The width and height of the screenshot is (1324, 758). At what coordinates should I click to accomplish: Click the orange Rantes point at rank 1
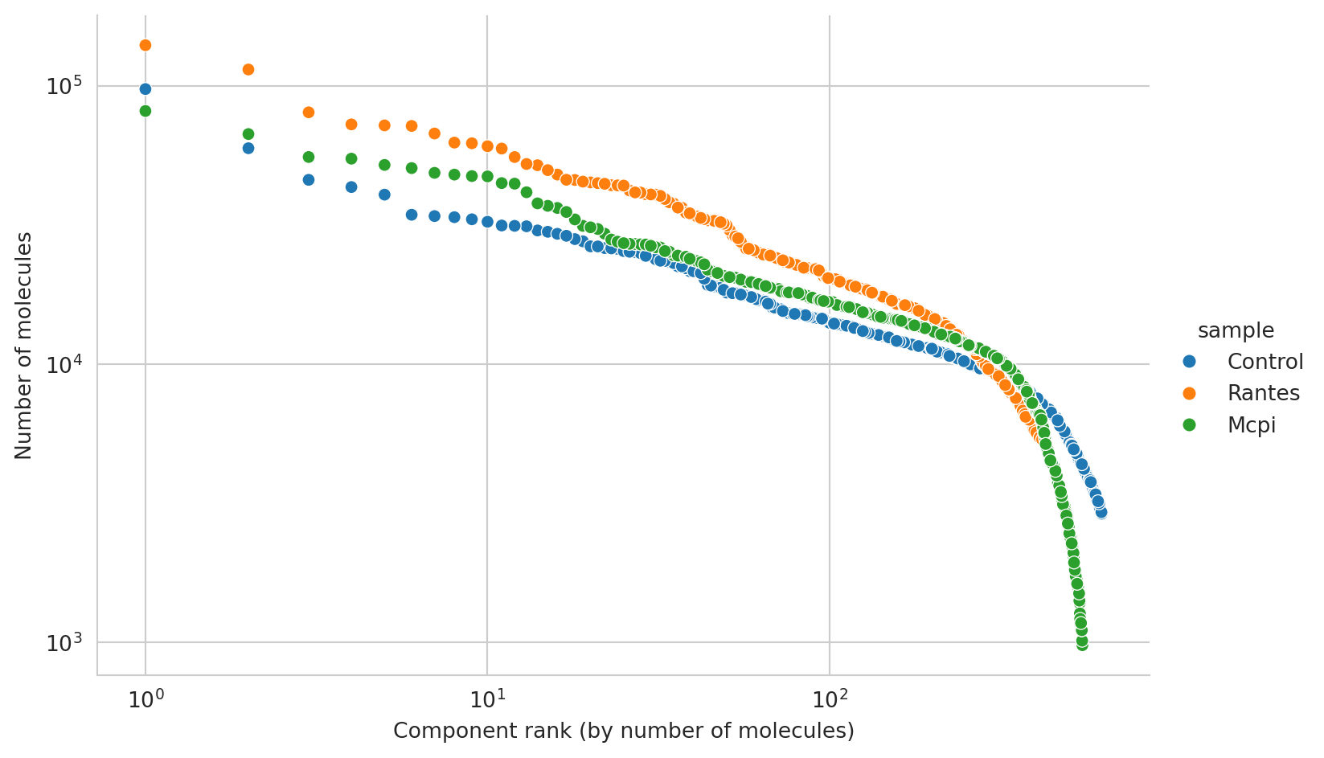[146, 45]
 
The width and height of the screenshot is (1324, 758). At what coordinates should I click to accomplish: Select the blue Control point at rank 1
[146, 89]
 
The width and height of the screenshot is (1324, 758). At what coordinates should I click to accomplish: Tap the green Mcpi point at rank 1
[146, 111]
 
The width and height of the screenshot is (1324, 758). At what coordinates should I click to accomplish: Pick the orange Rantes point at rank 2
[248, 70]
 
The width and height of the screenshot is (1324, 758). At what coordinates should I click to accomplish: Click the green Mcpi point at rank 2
[248, 134]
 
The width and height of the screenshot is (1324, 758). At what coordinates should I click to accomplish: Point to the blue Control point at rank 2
[248, 148]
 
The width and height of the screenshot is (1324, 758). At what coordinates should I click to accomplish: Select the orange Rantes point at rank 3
[309, 113]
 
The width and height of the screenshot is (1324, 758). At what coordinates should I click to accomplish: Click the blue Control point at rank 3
[309, 180]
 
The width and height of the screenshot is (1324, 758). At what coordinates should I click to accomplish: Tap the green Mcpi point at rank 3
[309, 157]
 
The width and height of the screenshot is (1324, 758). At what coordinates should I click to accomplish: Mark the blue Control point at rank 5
[384, 195]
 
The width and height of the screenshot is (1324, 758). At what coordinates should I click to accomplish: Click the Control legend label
[1265, 362]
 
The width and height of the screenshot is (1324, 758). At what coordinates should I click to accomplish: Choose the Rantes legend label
[1263, 393]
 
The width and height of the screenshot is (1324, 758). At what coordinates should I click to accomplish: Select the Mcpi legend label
[1251, 425]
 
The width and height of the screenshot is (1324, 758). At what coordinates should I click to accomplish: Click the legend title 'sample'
[1235, 330]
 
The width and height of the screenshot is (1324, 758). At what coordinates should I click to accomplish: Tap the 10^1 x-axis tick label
[486, 699]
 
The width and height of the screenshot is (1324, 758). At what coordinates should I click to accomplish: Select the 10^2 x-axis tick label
[829, 699]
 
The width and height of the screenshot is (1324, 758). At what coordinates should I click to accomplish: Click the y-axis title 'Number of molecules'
[24, 346]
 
